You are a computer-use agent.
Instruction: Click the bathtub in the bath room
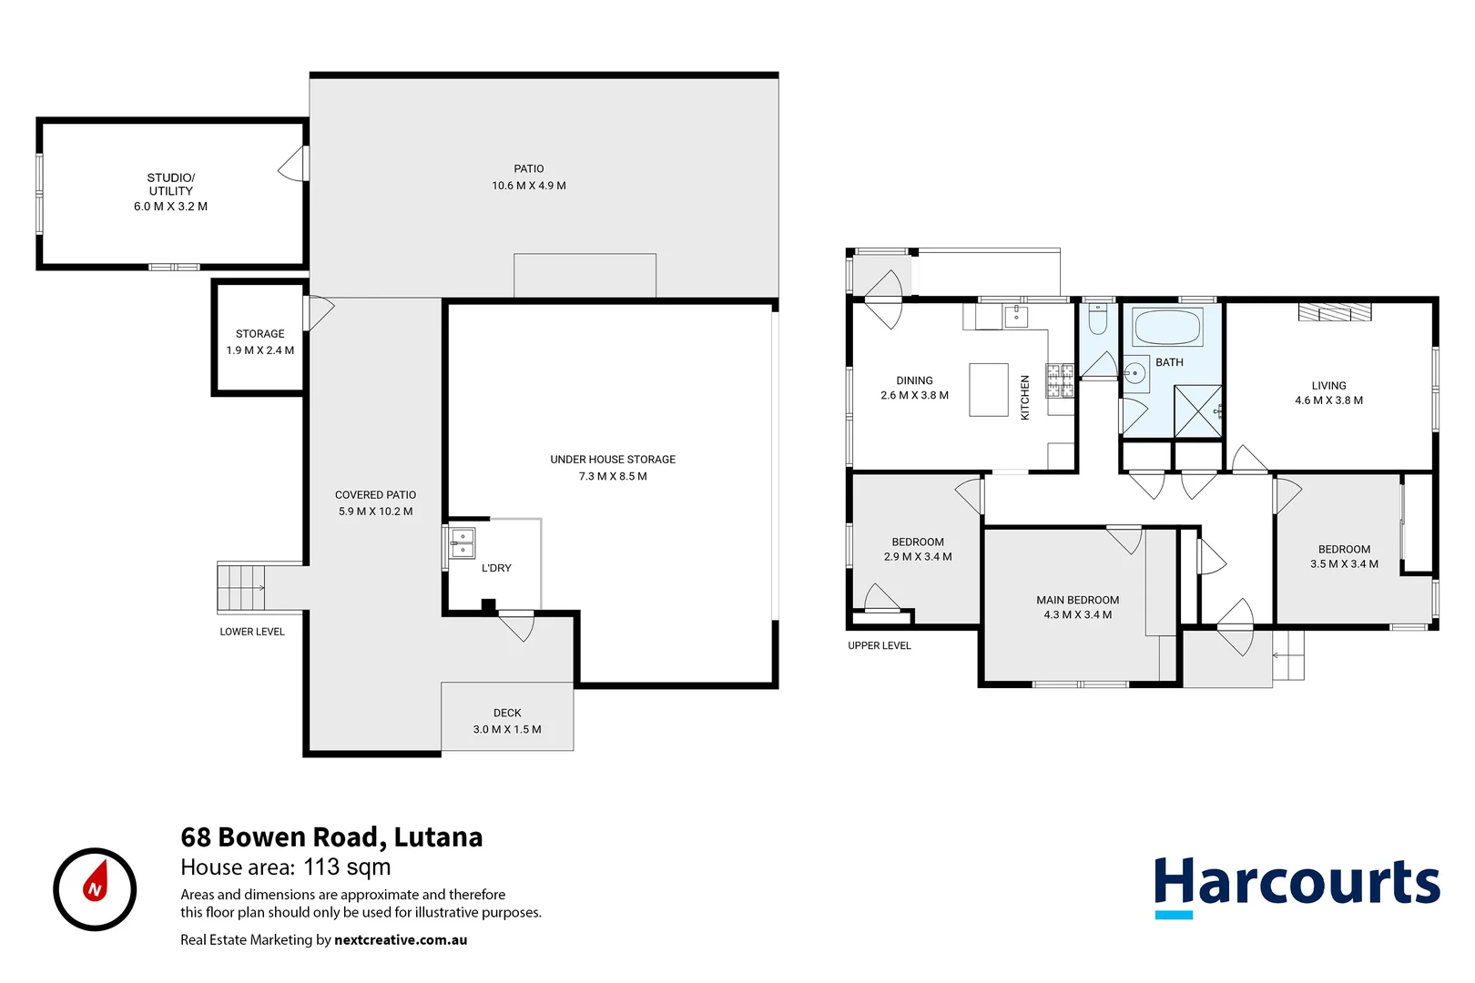coord(1167,327)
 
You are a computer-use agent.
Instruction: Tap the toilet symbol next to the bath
coord(1098,321)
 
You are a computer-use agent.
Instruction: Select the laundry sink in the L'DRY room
coord(463,543)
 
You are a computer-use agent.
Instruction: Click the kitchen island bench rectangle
coord(988,390)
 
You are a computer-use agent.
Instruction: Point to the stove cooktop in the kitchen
coord(1060,380)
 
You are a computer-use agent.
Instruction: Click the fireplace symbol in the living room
coord(1335,312)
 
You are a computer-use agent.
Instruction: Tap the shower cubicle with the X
coord(1197,411)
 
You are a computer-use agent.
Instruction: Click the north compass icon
coord(95,889)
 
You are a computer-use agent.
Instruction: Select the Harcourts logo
coord(1297,885)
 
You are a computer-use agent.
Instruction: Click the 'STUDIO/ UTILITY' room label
coord(171,184)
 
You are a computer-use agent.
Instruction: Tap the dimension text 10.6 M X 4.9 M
coord(529,186)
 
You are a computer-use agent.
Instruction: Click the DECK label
coord(507,713)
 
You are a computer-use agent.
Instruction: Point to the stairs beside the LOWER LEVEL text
coord(241,587)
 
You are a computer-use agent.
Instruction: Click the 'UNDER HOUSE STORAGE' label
coord(613,460)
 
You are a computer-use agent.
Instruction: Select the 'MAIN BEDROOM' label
coord(1077,600)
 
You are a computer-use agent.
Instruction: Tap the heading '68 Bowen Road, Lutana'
coord(331,836)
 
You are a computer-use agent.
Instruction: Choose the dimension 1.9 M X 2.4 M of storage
coord(260,350)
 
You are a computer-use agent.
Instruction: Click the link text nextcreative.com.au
coord(401,940)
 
